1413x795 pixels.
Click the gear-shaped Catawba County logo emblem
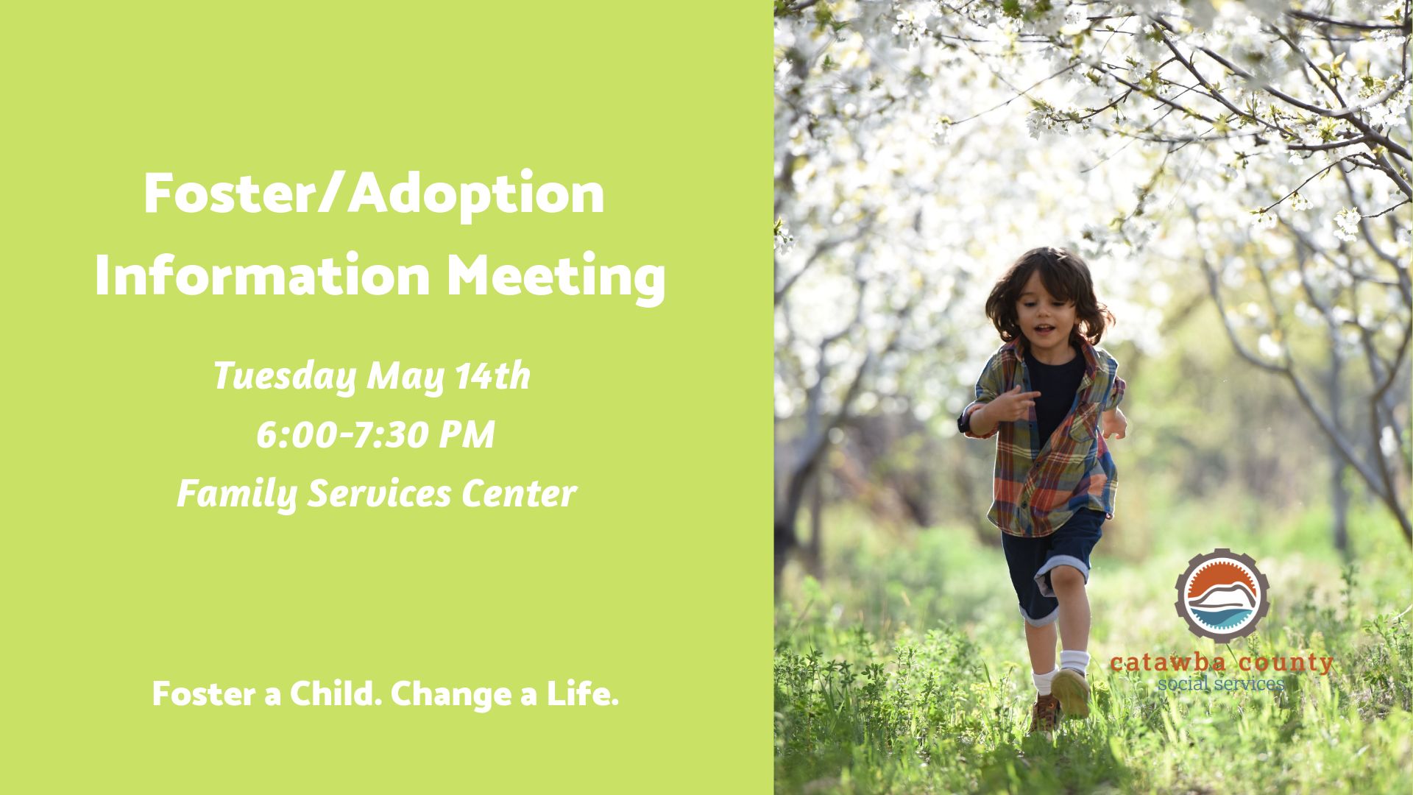1222,596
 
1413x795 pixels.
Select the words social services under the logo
1221,684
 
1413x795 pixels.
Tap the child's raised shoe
1071,693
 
